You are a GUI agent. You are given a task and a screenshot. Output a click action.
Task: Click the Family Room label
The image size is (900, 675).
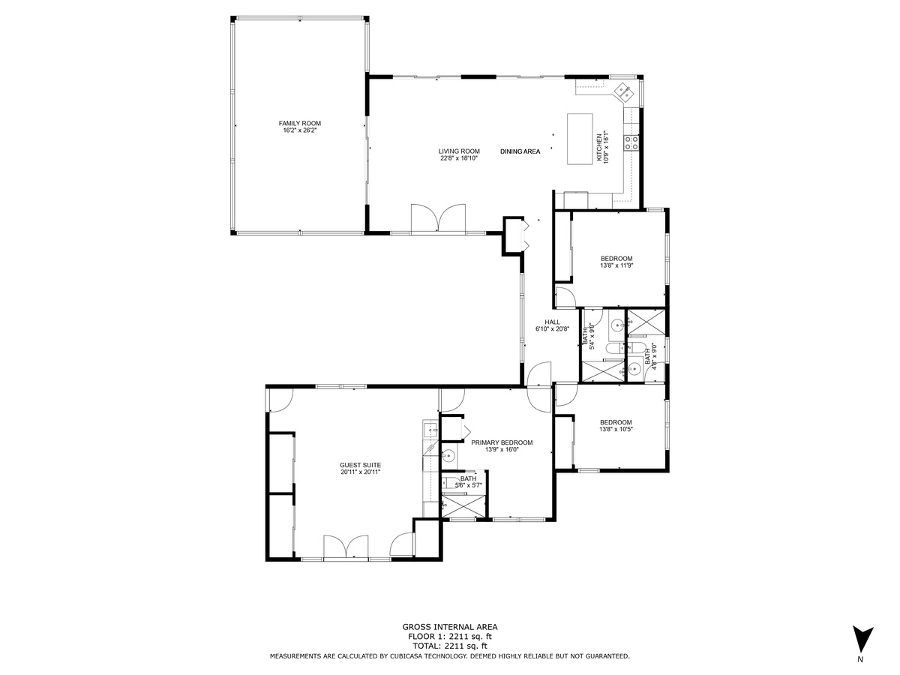[300, 123]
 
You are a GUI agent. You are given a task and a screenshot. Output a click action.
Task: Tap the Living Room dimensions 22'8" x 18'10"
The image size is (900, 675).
[459, 158]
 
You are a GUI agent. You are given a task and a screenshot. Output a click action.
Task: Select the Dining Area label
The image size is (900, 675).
[520, 151]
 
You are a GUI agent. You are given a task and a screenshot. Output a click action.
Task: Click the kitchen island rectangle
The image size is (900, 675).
[580, 139]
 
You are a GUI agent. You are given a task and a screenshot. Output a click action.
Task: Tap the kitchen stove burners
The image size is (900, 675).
[631, 142]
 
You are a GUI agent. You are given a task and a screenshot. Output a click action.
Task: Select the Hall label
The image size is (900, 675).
[552, 322]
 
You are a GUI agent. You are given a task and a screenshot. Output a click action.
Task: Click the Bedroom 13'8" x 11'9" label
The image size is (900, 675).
[616, 262]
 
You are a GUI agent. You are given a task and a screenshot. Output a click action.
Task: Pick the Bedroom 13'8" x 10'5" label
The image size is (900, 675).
[616, 426]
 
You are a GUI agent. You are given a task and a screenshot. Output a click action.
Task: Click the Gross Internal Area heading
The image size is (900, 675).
[450, 627]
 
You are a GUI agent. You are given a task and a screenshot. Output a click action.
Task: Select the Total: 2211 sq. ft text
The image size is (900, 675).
[450, 646]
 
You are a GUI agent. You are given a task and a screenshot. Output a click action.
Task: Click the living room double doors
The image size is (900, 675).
[438, 217]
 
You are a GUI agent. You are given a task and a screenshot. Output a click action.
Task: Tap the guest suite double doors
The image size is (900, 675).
[346, 546]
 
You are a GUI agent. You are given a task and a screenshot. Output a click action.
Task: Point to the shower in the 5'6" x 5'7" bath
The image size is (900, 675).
[463, 506]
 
